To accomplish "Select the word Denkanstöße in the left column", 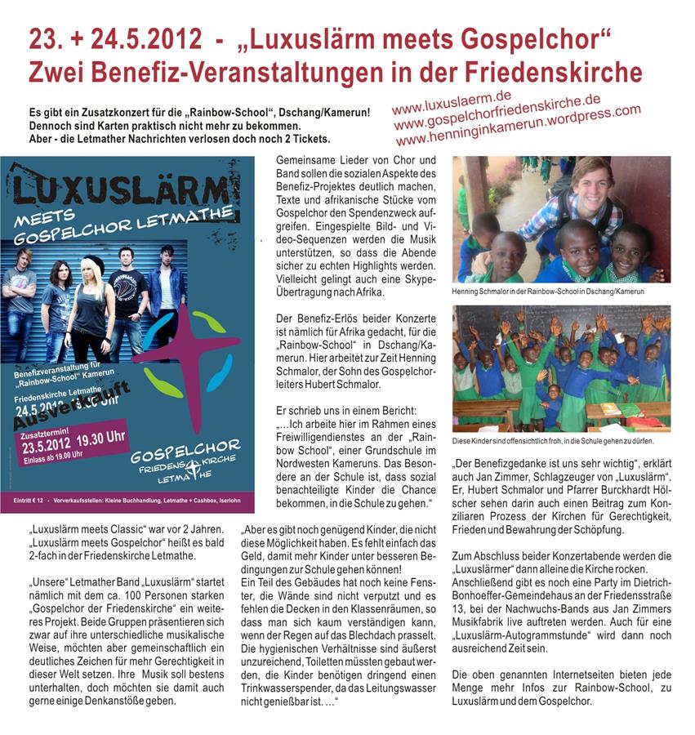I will click(x=140, y=700).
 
